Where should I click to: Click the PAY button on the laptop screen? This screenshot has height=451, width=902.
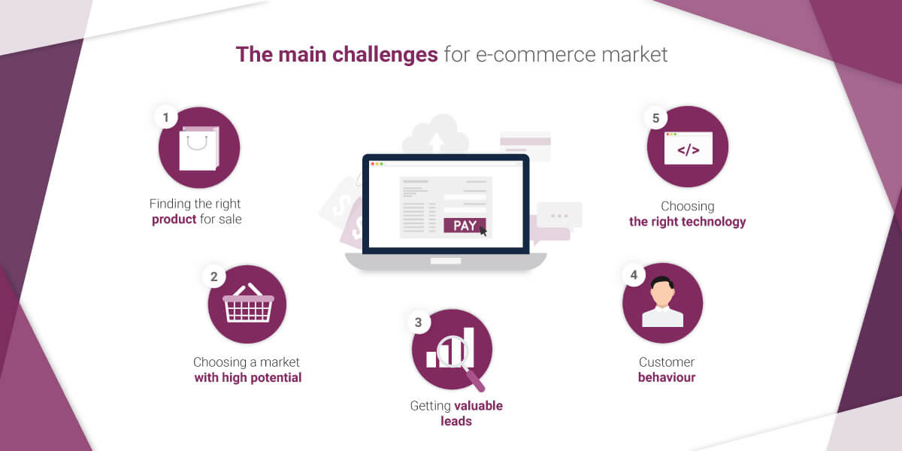tap(465, 225)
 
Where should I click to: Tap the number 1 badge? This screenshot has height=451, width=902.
tap(166, 117)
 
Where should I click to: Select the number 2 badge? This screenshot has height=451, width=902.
tap(214, 277)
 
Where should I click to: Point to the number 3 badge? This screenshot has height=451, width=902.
tap(419, 322)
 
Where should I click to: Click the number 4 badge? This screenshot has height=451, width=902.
tap(634, 275)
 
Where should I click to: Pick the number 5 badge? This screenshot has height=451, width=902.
tap(656, 118)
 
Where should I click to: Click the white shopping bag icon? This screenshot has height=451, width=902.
tap(199, 148)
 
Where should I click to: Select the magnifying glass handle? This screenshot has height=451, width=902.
tap(475, 380)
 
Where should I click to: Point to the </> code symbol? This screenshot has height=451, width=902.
tap(689, 150)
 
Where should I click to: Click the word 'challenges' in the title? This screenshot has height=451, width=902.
tap(385, 55)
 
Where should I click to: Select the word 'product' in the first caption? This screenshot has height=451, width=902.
tap(174, 219)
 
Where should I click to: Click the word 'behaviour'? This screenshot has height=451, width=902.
tap(667, 377)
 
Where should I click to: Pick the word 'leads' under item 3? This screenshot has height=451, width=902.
tap(456, 421)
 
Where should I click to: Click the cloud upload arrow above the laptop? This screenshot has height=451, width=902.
tap(436, 142)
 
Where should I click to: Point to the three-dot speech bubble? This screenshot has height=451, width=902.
tap(559, 215)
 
